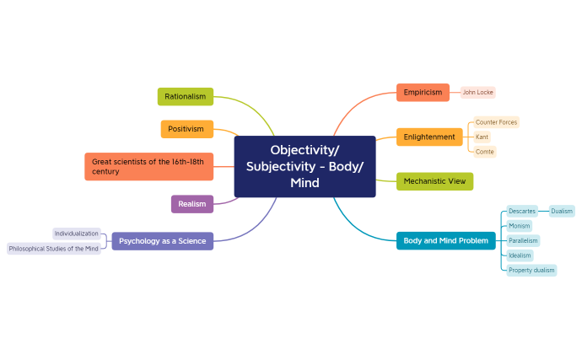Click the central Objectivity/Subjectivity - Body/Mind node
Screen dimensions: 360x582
click(x=304, y=166)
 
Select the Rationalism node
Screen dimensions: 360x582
click(x=186, y=96)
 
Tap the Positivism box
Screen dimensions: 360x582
click(x=186, y=129)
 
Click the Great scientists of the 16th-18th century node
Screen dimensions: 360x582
click(x=148, y=166)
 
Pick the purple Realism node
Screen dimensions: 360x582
click(x=192, y=203)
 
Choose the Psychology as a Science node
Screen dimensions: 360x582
click(x=162, y=241)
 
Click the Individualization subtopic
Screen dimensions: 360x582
click(x=77, y=233)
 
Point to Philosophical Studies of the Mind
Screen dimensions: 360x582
click(x=54, y=249)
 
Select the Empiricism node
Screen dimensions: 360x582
click(x=423, y=92)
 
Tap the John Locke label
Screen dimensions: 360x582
click(x=478, y=92)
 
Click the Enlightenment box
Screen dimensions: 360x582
click(x=429, y=137)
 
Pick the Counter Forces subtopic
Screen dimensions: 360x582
click(x=496, y=122)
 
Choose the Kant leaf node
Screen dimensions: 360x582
click(x=482, y=137)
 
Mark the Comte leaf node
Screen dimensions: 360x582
click(x=484, y=152)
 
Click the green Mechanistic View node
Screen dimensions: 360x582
click(x=434, y=181)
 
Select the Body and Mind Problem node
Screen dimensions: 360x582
click(x=445, y=241)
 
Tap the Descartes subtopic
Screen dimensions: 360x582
click(x=522, y=211)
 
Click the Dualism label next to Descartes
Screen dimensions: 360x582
click(x=562, y=211)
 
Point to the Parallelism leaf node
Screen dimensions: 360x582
click(x=523, y=240)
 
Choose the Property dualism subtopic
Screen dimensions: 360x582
click(x=531, y=271)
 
